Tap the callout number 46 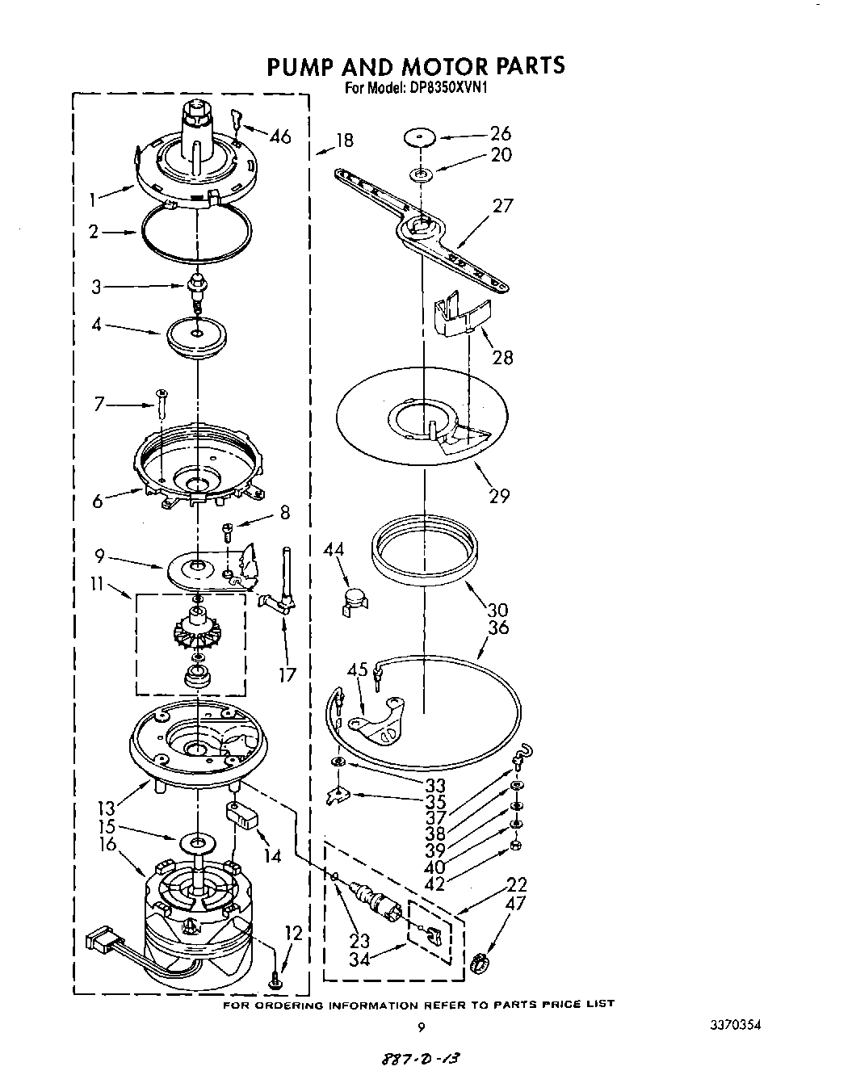pos(279,136)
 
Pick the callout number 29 pos(499,495)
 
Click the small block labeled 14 pos(243,817)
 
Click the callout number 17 pos(287,674)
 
